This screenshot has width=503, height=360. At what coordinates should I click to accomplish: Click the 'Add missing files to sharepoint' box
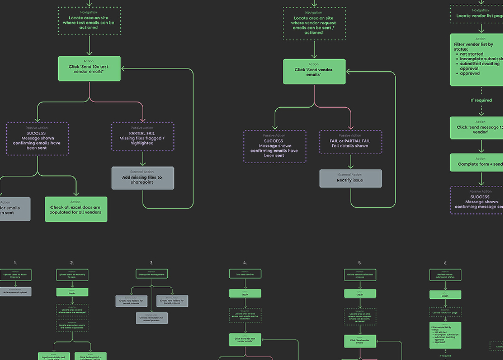143,178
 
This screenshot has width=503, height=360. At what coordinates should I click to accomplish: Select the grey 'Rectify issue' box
350,178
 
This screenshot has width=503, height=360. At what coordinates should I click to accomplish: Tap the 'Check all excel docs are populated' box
76,209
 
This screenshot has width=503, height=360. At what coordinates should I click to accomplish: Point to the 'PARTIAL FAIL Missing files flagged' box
143,137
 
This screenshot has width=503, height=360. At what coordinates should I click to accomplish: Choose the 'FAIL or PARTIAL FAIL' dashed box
350,142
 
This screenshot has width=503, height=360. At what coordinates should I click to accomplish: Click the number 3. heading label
152,263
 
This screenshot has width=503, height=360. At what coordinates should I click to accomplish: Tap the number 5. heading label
360,263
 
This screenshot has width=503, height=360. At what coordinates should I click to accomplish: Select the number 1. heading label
15,263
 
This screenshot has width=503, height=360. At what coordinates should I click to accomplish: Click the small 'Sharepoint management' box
152,274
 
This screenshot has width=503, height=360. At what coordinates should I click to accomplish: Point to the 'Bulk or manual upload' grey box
15,292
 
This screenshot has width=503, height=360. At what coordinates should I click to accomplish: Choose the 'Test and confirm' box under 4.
245,274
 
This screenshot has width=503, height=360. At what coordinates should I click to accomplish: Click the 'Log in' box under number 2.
72,292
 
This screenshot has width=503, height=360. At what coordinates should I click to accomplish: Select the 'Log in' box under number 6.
445,295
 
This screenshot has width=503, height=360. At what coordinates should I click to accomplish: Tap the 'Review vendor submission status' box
445,275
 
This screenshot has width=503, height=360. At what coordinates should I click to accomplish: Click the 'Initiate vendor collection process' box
360,275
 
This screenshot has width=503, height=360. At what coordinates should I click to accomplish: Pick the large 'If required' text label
481,100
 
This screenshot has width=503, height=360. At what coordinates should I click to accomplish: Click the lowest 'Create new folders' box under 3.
152,318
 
